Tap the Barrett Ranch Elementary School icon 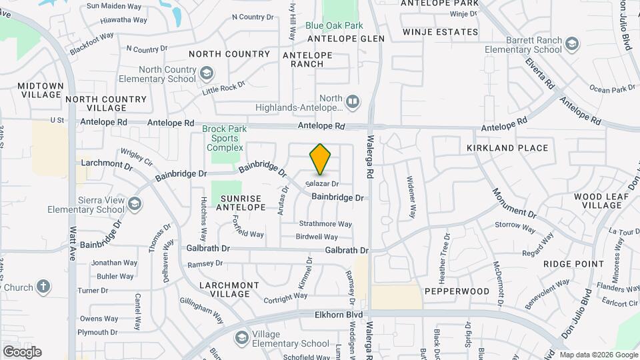571,45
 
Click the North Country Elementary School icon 207,72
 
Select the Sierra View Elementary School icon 135,203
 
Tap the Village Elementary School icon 241,339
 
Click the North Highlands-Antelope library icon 353,102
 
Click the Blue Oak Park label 334,26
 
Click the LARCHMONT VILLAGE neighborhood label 229,289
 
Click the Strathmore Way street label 325,224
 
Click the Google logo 22,352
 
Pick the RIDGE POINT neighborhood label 573,264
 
